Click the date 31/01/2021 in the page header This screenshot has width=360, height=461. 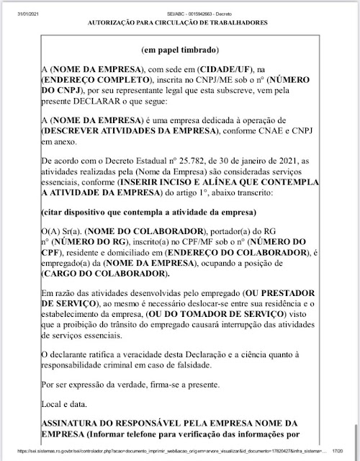15,6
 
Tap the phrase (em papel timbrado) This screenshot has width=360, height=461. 180,51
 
